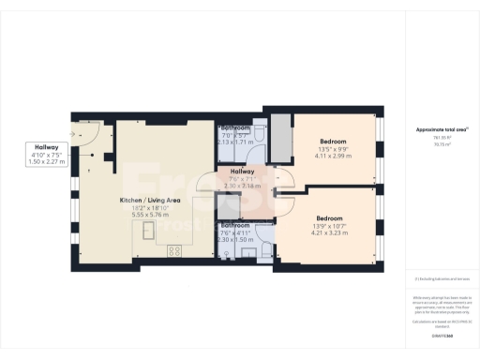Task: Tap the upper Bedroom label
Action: tap(333, 141)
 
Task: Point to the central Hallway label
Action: tap(242, 172)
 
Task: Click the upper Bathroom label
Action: tap(234, 127)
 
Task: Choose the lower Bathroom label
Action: tap(234, 225)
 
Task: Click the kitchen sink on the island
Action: tap(150, 251)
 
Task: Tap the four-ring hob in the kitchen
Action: tap(174, 251)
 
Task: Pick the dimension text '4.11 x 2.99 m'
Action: tap(333, 157)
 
